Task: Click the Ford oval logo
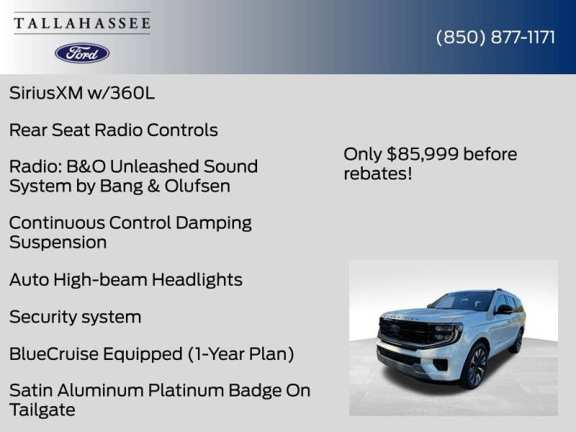(x=82, y=53)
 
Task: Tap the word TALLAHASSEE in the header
(x=82, y=24)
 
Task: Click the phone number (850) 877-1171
(x=496, y=37)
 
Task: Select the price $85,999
(x=422, y=154)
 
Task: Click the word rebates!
(x=377, y=174)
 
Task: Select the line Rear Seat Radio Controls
(x=113, y=130)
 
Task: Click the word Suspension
(x=58, y=242)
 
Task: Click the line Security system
(x=75, y=317)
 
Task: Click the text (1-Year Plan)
(x=241, y=354)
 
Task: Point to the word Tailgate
(x=42, y=410)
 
